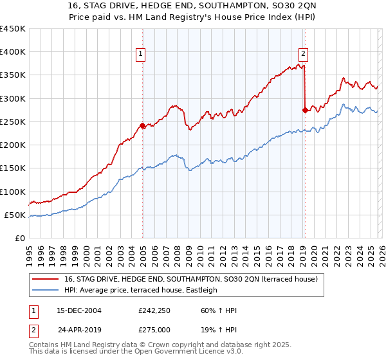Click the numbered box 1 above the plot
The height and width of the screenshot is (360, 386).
(x=140, y=55)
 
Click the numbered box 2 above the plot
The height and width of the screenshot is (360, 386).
(x=303, y=55)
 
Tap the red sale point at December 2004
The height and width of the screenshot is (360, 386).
(x=142, y=125)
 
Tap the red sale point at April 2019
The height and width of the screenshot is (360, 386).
(x=305, y=110)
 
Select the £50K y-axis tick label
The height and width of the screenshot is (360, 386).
(x=15, y=215)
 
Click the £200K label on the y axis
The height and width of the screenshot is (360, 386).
(x=13, y=145)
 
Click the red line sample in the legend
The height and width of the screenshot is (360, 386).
(x=46, y=280)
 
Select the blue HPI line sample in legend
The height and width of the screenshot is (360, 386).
(x=46, y=291)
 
